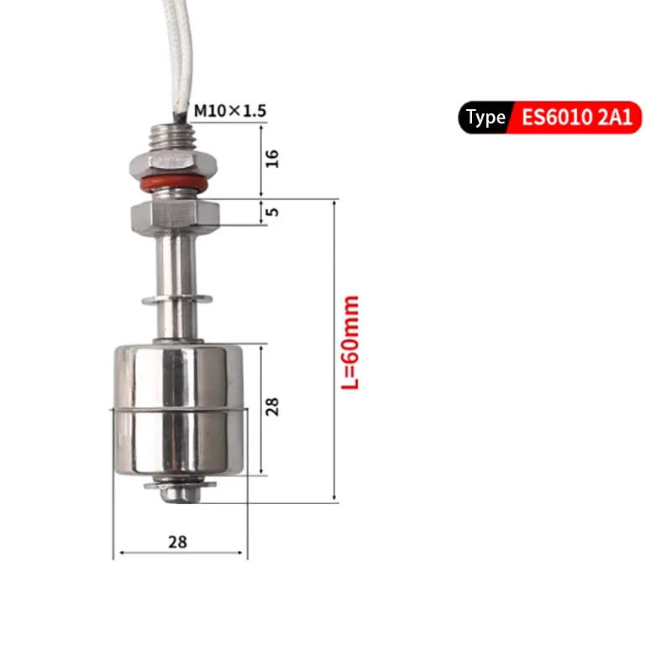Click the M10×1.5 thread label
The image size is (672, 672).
tap(230, 111)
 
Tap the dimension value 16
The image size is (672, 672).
tap(272, 159)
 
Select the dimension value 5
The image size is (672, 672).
tap(272, 212)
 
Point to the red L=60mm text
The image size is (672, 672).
tap(349, 343)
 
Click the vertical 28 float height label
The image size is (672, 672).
tap(272, 407)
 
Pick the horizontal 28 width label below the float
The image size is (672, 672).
tap(177, 542)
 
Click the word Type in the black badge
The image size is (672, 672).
tap(486, 118)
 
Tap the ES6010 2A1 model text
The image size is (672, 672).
tap(577, 117)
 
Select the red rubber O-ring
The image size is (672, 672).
tap(174, 183)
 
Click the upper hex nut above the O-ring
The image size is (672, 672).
tap(173, 164)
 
